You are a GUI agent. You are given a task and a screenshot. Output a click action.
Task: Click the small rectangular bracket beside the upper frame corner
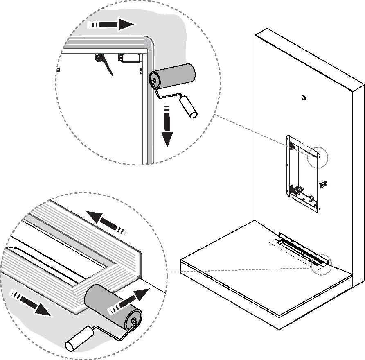tap(130, 58)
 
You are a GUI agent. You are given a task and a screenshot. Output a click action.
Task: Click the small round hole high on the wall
tap(304, 97)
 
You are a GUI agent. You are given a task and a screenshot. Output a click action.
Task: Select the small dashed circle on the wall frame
tap(318, 157)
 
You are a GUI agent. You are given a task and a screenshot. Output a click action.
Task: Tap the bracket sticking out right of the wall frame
tap(323, 183)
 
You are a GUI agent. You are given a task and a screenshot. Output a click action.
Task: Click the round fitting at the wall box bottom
tap(311, 199)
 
